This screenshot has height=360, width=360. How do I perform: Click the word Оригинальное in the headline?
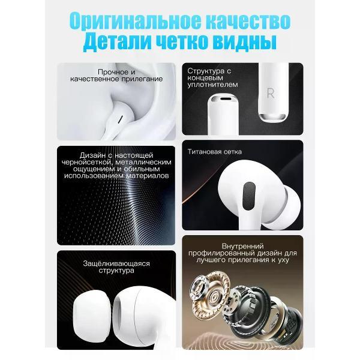coord(135,21)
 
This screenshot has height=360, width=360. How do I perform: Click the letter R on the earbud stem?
coord(271,93)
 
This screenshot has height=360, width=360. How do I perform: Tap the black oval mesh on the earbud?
coord(249,196)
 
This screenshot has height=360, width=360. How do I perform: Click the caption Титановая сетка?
coord(214,152)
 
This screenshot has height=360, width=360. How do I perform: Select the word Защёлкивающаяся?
coord(116,263)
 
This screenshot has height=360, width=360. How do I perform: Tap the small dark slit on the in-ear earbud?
coord(120,119)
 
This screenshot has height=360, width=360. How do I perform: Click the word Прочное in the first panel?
coord(110,72)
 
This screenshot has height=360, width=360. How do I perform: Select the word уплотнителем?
coord(212,85)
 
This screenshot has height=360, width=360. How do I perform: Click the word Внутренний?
coord(242,246)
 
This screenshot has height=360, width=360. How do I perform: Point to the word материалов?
coord(147,176)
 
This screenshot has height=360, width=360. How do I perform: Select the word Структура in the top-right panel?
coord(206,71)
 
